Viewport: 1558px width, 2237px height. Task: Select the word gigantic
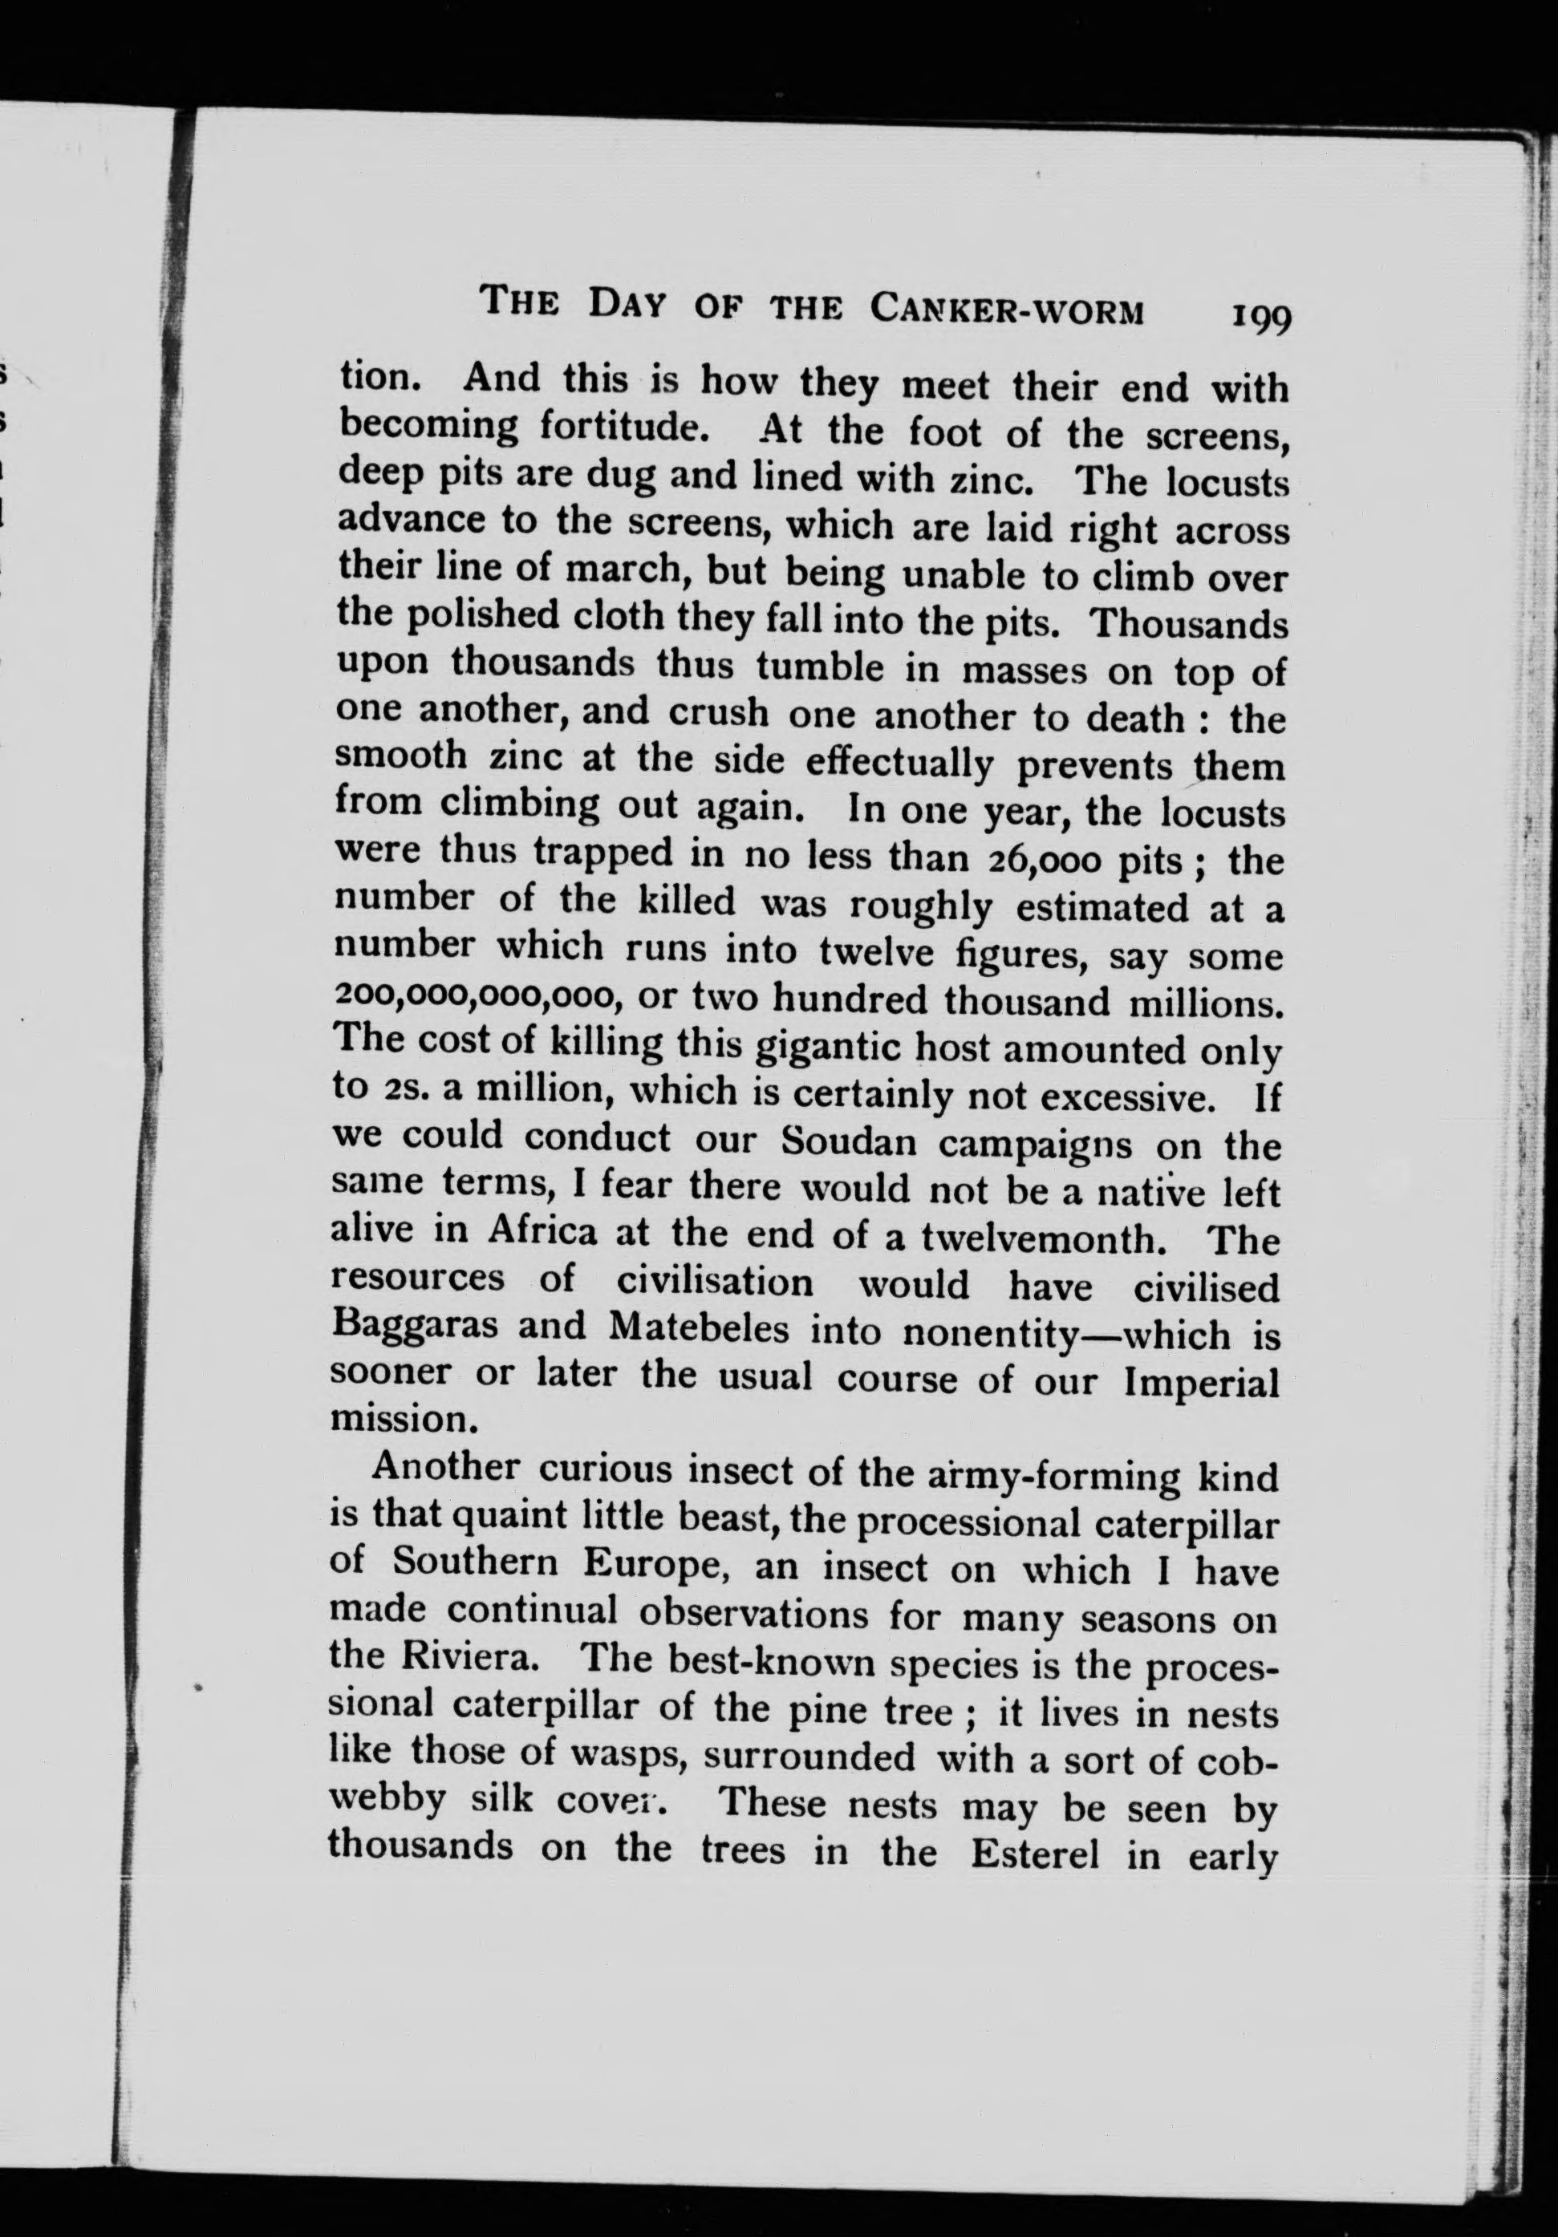pos(834,1048)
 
